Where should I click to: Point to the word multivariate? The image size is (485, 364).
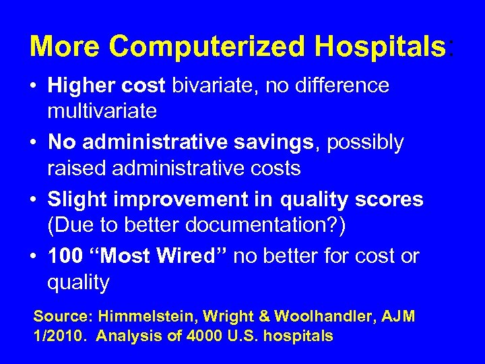pyautogui.click(x=102, y=111)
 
